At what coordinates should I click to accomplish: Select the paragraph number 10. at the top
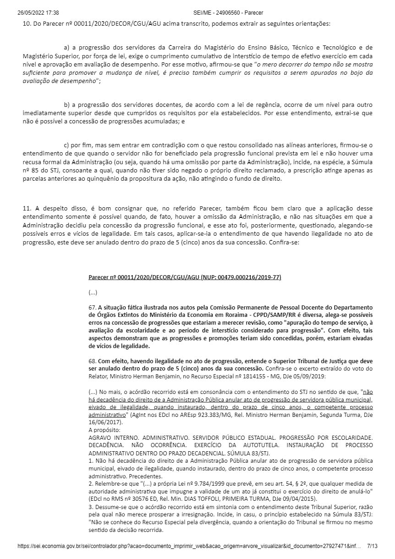(x=27, y=23)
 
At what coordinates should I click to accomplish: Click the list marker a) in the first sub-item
(x=66, y=47)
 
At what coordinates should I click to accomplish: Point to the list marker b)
(x=66, y=105)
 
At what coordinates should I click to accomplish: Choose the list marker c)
(x=66, y=145)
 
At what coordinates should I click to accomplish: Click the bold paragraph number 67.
(x=92, y=307)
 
